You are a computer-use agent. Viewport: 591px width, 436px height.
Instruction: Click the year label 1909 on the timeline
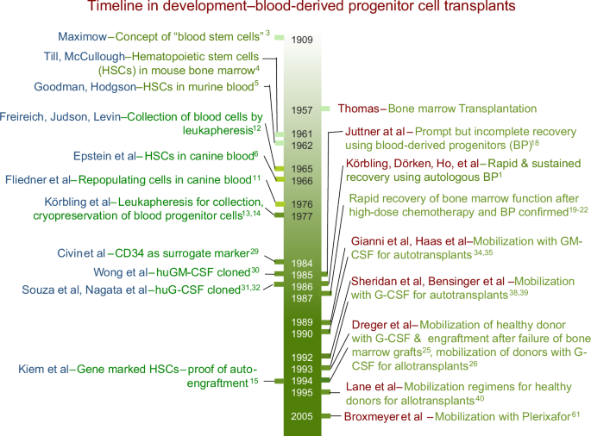301,40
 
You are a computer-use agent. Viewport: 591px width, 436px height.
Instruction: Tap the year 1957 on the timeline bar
301,109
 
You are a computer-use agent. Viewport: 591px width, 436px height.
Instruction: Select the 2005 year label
301,416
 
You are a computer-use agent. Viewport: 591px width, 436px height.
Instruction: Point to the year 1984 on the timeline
301,262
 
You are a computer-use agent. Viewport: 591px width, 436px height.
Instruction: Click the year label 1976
301,204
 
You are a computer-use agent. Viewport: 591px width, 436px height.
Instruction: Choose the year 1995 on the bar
301,393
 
